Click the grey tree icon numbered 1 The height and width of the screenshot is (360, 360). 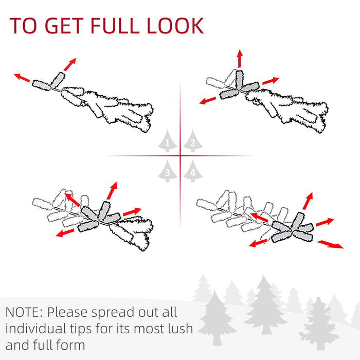[x=167, y=142]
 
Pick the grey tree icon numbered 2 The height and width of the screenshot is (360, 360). [x=192, y=142]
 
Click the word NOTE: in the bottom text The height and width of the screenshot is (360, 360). [x=25, y=312]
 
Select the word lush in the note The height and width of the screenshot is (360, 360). [x=177, y=328]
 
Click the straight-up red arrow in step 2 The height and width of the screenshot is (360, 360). [x=239, y=59]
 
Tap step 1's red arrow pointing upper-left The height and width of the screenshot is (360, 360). [x=22, y=78]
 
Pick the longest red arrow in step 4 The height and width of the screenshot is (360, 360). [x=330, y=244]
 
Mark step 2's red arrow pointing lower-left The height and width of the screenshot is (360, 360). [x=208, y=100]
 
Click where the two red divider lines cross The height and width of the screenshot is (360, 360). [x=181, y=155]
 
